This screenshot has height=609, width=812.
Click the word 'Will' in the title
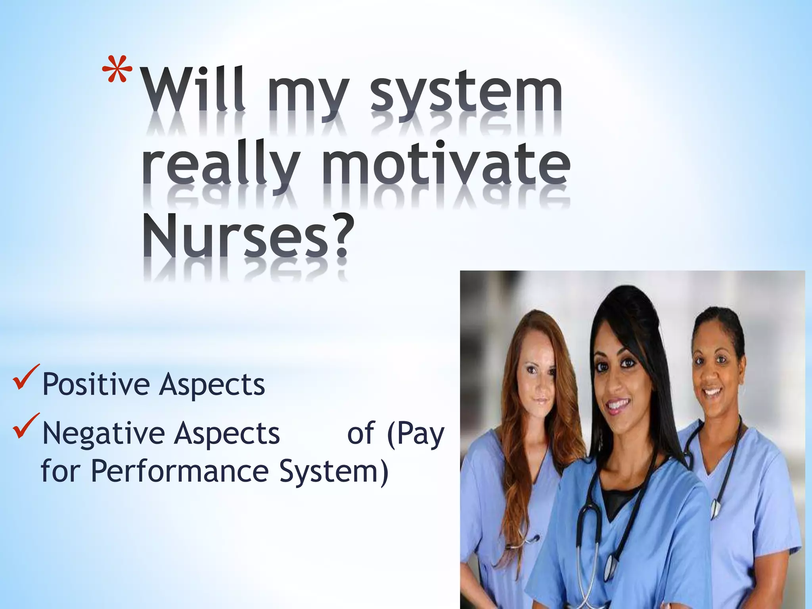click(194, 91)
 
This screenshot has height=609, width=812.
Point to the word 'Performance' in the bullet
click(180, 471)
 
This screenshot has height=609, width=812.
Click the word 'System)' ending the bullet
click(333, 472)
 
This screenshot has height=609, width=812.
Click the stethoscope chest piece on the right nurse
click(715, 508)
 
